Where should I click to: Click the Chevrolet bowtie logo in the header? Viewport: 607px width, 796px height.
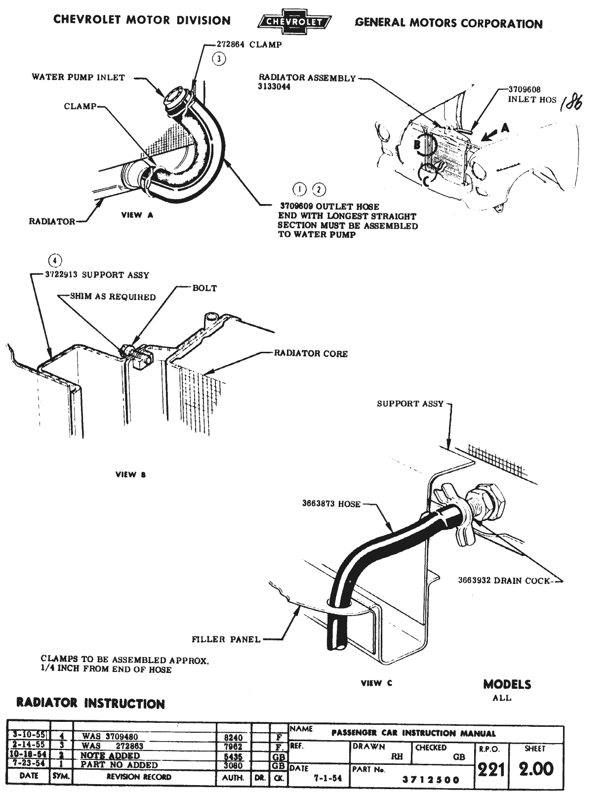click(x=294, y=22)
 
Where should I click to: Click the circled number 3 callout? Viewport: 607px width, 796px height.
click(x=219, y=59)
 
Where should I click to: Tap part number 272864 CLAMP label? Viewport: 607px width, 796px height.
click(x=249, y=44)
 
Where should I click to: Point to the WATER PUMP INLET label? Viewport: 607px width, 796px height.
click(x=79, y=77)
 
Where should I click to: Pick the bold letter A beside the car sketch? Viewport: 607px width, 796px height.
click(x=505, y=128)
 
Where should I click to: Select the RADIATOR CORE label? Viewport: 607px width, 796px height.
click(x=311, y=354)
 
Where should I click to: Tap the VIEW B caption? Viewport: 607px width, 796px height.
click(x=130, y=475)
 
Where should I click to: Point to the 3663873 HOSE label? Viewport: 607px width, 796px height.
click(x=331, y=504)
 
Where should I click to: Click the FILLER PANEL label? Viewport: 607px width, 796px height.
click(x=226, y=639)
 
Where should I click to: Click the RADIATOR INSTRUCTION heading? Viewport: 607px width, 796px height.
click(x=90, y=704)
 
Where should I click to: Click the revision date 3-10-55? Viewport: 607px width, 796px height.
click(x=29, y=735)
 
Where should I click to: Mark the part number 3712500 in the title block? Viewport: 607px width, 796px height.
click(x=430, y=780)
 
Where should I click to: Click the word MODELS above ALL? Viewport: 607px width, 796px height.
click(x=507, y=684)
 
